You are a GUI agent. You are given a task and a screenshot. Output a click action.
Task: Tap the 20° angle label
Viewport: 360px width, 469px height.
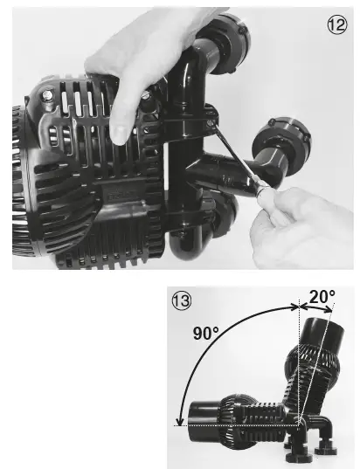[320, 296]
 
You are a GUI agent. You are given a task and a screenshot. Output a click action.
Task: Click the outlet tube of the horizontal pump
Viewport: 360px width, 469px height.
[204, 414]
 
